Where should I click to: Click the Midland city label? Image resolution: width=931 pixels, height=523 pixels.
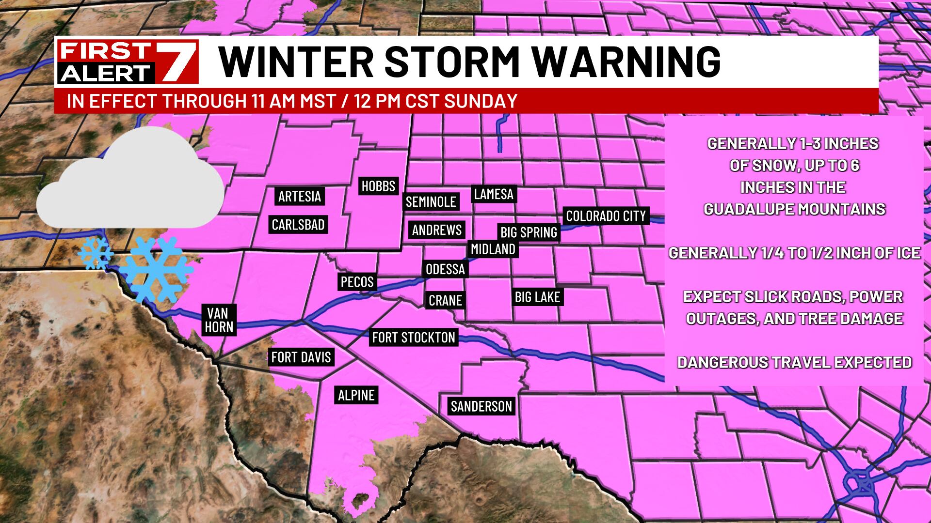point(493,249)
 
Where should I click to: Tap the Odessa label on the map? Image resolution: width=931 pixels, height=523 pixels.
point(445,269)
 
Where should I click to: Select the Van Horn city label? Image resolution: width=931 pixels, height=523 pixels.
point(219,320)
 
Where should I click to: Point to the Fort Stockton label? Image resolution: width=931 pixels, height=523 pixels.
point(414,338)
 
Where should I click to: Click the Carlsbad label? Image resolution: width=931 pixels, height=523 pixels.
point(298,225)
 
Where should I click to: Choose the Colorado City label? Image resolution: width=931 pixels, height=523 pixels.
point(606,216)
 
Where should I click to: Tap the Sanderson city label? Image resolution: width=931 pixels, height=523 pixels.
point(481,406)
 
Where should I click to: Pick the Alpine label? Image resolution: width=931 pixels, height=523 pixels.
point(356,395)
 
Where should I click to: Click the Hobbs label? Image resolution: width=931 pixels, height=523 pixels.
point(378,186)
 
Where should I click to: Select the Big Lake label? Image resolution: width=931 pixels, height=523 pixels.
point(537,297)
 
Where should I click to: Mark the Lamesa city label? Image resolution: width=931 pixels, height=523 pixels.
point(494,194)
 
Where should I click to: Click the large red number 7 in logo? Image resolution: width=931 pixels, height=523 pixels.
point(177,62)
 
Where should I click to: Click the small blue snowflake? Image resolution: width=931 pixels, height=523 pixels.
point(96,253)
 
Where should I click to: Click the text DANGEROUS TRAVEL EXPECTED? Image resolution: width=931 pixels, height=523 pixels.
point(794,362)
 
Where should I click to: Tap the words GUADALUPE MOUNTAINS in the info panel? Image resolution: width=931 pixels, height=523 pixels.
point(794,209)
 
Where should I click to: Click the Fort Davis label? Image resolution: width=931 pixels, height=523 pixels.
point(301,357)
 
